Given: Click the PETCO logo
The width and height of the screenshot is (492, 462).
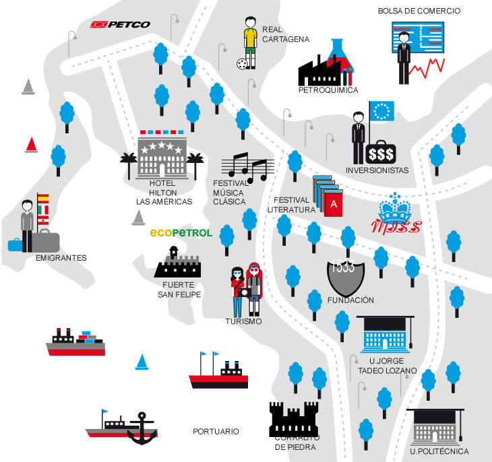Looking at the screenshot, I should [121, 24].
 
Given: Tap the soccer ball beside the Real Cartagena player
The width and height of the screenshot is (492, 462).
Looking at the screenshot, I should [241, 64].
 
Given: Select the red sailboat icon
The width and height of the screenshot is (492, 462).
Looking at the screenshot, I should [31, 145].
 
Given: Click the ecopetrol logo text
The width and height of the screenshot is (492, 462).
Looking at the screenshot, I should [181, 233].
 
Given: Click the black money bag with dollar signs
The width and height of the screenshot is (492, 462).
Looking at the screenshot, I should [381, 153].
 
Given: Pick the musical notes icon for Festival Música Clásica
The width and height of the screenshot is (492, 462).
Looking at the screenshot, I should [247, 167].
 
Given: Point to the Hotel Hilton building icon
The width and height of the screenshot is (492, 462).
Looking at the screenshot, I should [162, 157].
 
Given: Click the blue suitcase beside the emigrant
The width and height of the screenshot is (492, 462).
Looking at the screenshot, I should [15, 244].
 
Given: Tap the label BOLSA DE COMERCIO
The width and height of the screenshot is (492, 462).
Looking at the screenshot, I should [419, 11].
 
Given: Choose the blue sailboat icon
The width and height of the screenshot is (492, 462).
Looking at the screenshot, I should [142, 362].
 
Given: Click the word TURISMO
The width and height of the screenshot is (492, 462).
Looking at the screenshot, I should [243, 322].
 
